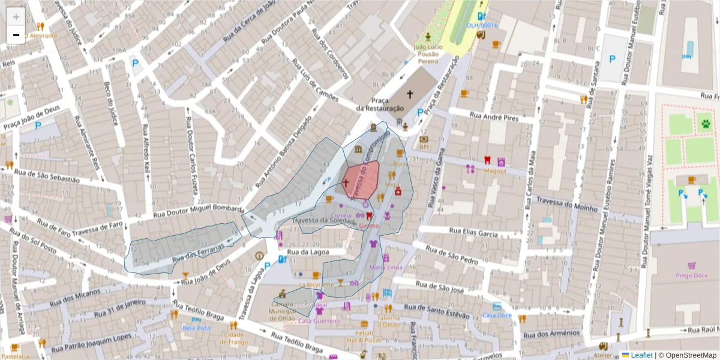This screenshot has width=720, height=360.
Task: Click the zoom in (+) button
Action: pos(16,17)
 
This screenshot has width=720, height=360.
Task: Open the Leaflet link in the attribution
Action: pos(637,355)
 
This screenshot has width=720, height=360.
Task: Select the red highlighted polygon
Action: pos(361,179)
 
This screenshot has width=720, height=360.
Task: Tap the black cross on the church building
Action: pos(410,94)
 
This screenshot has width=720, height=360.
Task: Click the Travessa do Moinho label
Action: pos(566,204)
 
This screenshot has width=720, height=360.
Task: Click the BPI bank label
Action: pos(424,147)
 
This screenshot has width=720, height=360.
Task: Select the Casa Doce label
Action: pos(497,316)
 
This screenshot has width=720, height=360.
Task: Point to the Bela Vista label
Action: pos(196,328)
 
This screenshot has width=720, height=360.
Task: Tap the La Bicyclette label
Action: pos(316,284)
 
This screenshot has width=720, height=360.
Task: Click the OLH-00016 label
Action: pos(482,25)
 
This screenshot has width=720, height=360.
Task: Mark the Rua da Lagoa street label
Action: pos(308,253)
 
